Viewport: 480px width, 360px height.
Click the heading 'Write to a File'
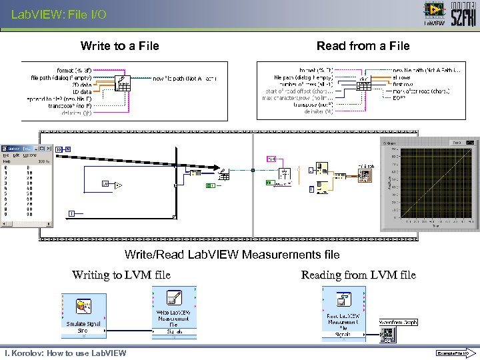tap(119, 46)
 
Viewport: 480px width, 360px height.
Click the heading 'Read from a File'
tap(363, 46)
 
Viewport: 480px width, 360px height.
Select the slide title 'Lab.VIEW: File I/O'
tap(59, 14)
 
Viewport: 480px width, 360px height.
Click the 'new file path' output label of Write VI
tap(185, 79)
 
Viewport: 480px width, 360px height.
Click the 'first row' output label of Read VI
tap(403, 84)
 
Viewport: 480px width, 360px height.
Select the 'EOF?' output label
tap(399, 98)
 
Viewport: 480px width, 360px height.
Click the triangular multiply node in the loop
tap(118, 184)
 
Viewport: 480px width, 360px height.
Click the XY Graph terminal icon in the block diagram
tap(365, 175)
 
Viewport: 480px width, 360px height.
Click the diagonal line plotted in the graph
tap(433, 180)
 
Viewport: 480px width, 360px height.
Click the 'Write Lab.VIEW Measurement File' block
tap(173, 313)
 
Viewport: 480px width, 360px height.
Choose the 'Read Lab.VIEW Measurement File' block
tap(343, 313)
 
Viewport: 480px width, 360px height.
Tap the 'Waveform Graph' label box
tap(399, 322)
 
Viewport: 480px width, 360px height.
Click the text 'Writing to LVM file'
tap(121, 275)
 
